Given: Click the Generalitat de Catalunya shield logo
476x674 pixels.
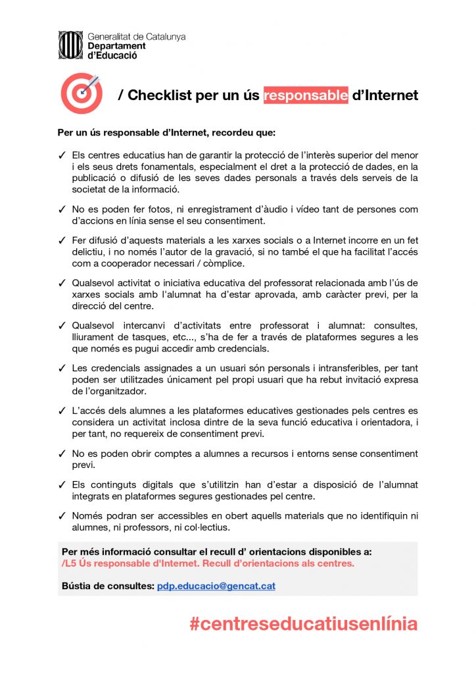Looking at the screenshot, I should pyautogui.click(x=71, y=45).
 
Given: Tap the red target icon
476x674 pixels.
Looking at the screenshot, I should pyautogui.click(x=81, y=93).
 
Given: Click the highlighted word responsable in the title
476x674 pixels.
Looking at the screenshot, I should pyautogui.click(x=306, y=95).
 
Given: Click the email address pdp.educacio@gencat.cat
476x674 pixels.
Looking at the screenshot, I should pyautogui.click(x=216, y=586).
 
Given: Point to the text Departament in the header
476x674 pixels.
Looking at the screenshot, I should pyautogui.click(x=116, y=46).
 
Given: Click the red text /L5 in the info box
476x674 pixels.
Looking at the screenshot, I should pyautogui.click(x=68, y=564).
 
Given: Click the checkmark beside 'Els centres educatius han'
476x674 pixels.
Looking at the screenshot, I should pyautogui.click(x=62, y=155).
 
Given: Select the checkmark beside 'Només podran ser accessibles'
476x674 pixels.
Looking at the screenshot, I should pyautogui.click(x=62, y=515).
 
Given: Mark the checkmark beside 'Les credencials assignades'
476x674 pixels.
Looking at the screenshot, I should pyautogui.click(x=62, y=368).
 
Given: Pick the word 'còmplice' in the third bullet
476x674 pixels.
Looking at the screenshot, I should pyautogui.click(x=205, y=263).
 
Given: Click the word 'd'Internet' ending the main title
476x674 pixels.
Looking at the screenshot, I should pyautogui.click(x=385, y=95).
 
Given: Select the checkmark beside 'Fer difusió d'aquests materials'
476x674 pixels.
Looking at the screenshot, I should pyautogui.click(x=62, y=240).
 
